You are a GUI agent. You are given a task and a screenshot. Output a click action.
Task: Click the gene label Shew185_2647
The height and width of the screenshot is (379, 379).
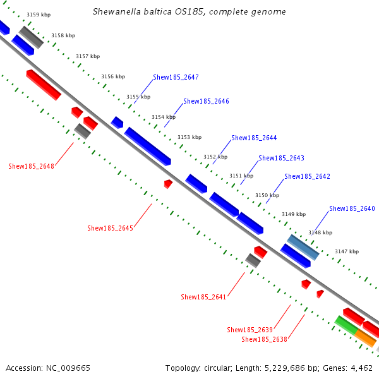tap(176, 78)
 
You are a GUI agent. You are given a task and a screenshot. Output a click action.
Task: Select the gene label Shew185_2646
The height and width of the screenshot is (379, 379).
tap(206, 101)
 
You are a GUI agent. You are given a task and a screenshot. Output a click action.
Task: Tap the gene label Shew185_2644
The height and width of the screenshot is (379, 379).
tap(254, 138)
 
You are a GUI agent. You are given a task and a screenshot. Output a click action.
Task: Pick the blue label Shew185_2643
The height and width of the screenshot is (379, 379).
tap(281, 158)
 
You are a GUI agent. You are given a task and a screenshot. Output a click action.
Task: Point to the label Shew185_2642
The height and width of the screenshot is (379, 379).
tap(307, 176)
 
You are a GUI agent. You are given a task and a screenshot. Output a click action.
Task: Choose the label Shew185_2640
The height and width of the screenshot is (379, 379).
tap(352, 208)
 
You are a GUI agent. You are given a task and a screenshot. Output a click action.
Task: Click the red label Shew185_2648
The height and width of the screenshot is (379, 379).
tap(31, 167)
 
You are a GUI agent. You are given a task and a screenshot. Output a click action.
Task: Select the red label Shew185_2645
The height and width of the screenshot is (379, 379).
tap(110, 228)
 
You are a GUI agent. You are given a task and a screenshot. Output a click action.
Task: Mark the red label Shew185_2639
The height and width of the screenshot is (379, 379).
tap(250, 330)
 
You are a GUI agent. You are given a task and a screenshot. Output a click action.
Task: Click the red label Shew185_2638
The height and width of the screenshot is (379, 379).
tap(265, 340)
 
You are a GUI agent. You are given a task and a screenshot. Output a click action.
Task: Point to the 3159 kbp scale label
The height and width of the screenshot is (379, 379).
tap(39, 15)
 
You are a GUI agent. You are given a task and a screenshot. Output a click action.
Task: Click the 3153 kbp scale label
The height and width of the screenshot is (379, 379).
tap(189, 137)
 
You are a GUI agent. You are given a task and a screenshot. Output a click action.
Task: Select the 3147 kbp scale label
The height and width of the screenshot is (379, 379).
tap(346, 251)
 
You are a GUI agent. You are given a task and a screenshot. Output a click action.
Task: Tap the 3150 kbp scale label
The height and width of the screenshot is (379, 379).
tap(267, 195)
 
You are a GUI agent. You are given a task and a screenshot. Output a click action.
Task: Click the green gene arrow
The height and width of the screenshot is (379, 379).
tap(346, 325)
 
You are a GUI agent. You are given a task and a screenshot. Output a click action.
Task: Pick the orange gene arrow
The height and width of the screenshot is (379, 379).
tap(366, 337)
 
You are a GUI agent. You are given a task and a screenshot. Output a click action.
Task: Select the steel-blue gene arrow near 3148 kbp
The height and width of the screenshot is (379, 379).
tap(303, 247)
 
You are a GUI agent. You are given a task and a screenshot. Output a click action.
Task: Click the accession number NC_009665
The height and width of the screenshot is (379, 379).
tap(48, 368)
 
